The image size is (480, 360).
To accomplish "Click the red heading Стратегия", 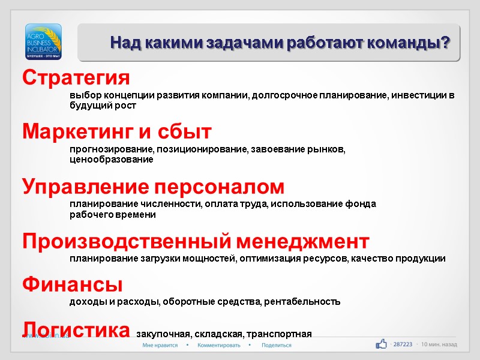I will click(x=76, y=78).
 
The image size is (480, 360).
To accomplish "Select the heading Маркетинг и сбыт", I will click(x=117, y=131).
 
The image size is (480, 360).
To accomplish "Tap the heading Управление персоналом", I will click(x=154, y=187).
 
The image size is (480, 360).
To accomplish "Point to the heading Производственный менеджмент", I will click(x=196, y=242).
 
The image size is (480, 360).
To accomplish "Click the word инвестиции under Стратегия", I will click(x=419, y=95).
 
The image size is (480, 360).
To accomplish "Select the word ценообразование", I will click(x=111, y=160).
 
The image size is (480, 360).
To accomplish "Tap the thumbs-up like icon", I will click(x=381, y=344).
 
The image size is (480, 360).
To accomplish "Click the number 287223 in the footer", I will click(x=403, y=344).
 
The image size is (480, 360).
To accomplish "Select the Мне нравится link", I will click(x=160, y=346).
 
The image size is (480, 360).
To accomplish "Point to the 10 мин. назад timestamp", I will click(x=439, y=344).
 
